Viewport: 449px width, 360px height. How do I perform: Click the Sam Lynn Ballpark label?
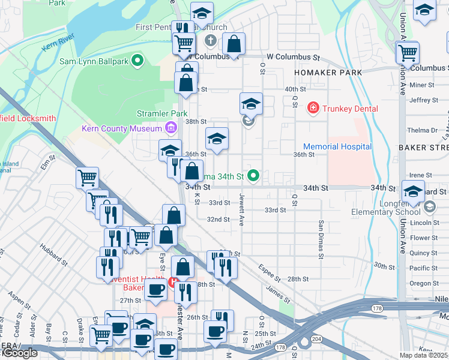click(x=94, y=61)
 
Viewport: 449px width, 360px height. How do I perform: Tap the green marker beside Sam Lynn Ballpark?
click(x=137, y=61)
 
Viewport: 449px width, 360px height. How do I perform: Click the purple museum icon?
click(x=170, y=128)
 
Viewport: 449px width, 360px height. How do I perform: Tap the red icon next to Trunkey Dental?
click(x=313, y=109)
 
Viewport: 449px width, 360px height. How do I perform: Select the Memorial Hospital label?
click(x=337, y=146)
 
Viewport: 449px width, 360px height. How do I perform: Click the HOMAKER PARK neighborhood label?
click(x=328, y=73)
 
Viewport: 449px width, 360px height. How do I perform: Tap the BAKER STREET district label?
click(x=423, y=147)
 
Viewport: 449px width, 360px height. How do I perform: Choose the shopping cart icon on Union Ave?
click(x=408, y=52)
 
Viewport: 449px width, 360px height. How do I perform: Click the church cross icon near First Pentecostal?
click(x=210, y=41)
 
